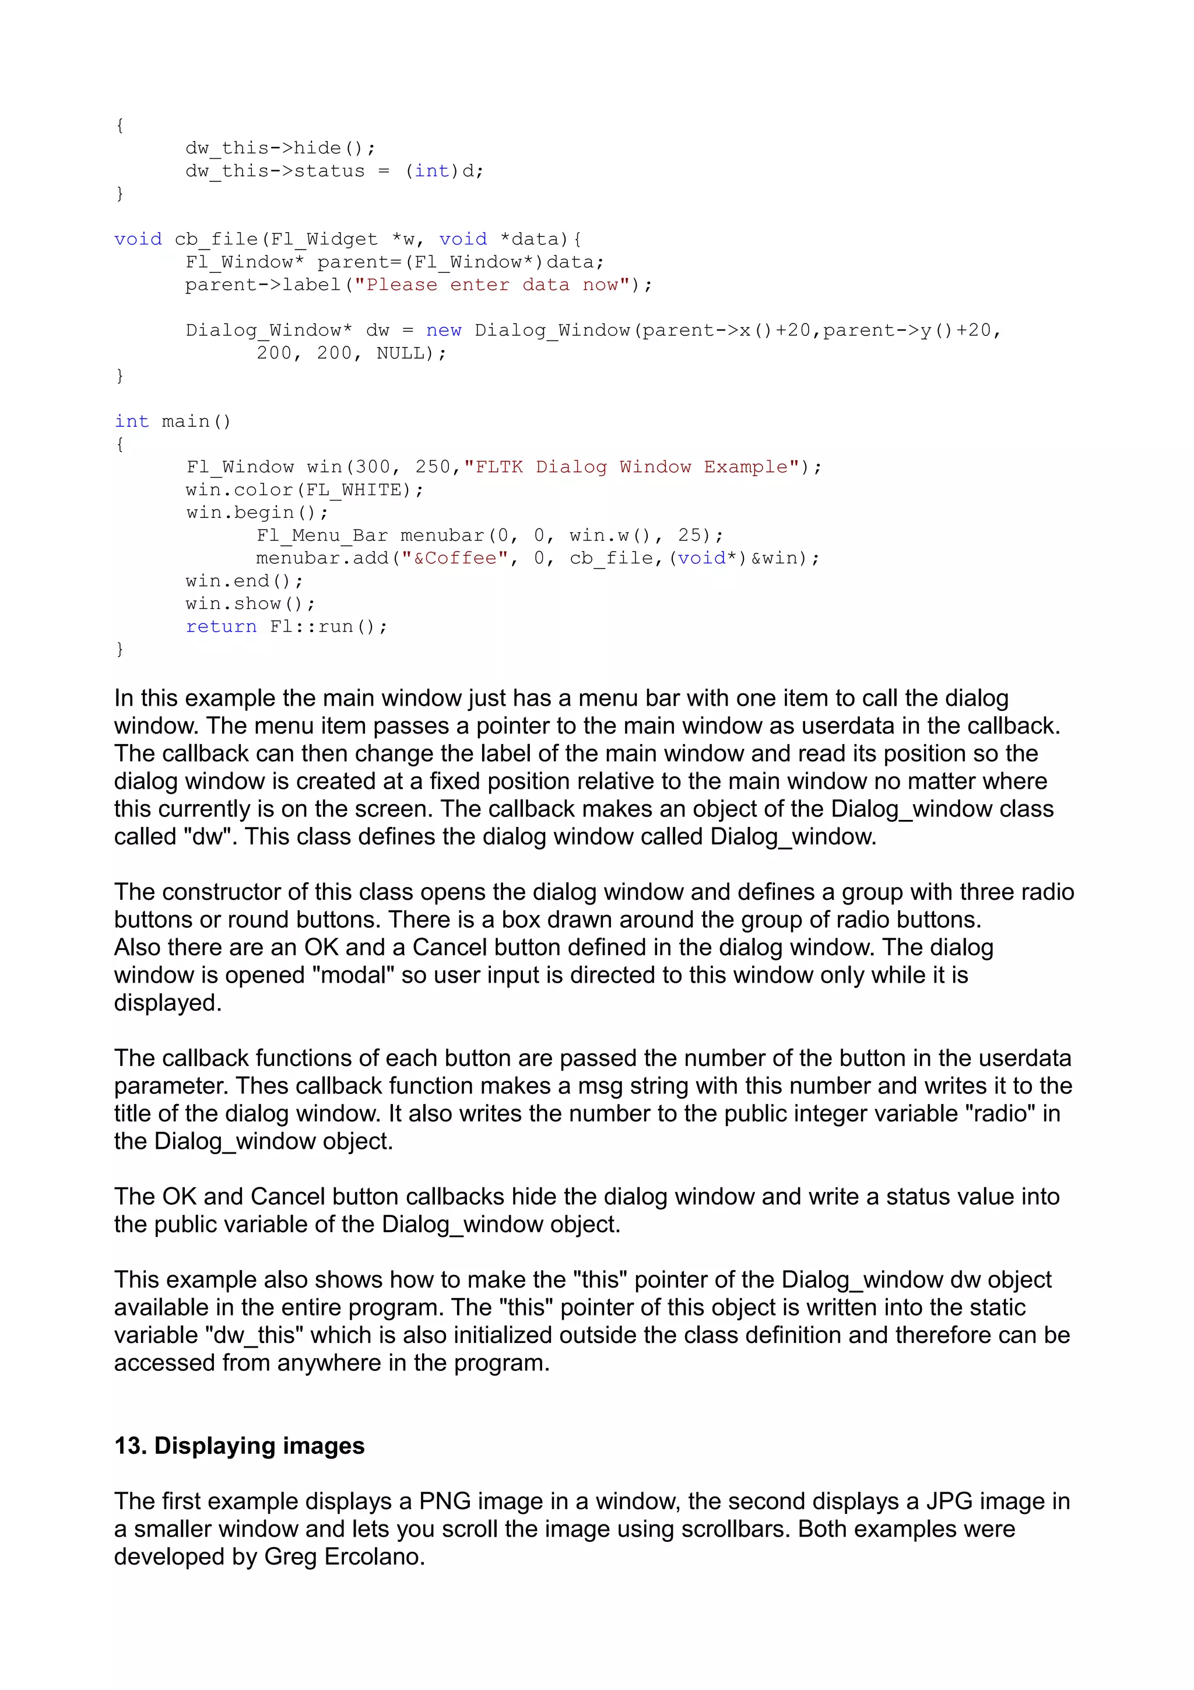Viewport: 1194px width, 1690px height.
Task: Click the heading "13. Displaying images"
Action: [239, 1445]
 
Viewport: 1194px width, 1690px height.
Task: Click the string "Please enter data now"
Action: [492, 285]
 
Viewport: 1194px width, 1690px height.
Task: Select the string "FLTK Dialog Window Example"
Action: [631, 467]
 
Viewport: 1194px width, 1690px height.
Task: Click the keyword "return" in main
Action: [221, 626]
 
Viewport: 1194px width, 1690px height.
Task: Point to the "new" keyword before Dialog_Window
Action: [444, 331]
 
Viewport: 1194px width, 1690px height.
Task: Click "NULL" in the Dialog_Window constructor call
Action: [400, 353]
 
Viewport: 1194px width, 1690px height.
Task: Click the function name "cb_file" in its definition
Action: [216, 239]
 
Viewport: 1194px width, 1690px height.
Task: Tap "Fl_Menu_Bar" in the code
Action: [321, 535]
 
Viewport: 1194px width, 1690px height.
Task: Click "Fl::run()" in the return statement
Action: [328, 626]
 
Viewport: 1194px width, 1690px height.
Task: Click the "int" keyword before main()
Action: [132, 421]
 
